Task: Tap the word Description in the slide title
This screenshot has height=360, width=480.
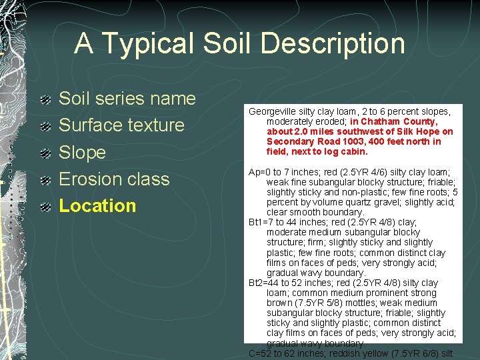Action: [x=333, y=44]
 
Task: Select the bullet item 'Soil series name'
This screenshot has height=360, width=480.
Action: [x=127, y=99]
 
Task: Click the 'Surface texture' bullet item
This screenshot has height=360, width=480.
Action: [x=121, y=125]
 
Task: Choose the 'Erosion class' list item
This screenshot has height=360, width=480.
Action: [x=114, y=179]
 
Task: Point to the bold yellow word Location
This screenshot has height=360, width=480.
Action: [x=97, y=206]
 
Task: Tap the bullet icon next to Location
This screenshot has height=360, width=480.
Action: [x=45, y=207]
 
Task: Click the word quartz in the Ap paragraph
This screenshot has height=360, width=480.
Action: [x=369, y=202]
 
